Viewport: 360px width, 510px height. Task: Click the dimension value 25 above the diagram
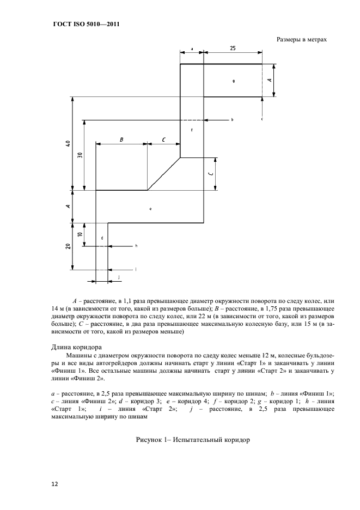[x=233, y=48]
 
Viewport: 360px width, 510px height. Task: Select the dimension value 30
[x=80, y=155]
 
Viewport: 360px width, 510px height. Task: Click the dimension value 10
[x=80, y=234]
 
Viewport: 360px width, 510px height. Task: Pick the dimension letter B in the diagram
[x=121, y=140]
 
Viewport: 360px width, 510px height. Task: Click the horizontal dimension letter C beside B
[x=164, y=140]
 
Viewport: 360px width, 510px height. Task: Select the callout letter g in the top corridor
[x=233, y=81]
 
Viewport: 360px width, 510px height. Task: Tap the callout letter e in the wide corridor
[x=150, y=208]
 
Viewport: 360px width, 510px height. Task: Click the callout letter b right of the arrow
[x=231, y=119]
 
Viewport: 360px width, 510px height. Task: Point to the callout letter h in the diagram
[x=136, y=246]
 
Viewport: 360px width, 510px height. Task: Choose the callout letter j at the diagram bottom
[x=119, y=278]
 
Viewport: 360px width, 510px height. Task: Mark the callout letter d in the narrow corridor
[x=102, y=238]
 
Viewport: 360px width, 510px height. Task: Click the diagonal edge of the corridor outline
[x=164, y=174]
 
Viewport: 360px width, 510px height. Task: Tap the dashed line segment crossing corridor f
[x=192, y=120]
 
